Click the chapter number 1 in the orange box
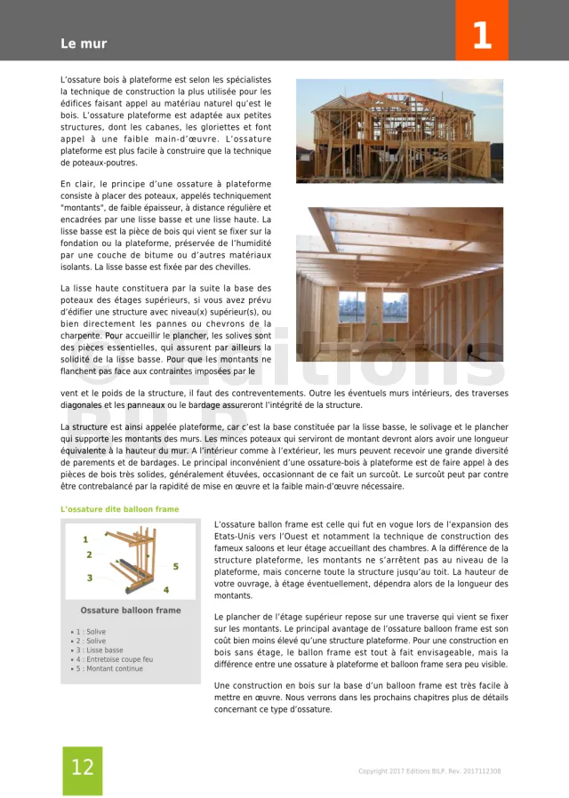coord(481,36)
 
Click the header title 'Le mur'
coord(84,44)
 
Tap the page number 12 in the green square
coord(82,768)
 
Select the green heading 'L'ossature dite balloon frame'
coord(120,509)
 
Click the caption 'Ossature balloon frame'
coord(131,610)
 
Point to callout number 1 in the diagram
coord(85,539)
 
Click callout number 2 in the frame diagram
coord(89,555)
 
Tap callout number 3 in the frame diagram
coord(89,578)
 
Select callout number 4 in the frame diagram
coord(165,589)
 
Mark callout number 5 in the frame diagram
coord(175,566)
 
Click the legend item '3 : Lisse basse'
coord(100,650)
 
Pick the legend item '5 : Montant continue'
coord(109,668)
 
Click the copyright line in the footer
coord(429,771)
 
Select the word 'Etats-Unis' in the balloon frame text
coord(238,537)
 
